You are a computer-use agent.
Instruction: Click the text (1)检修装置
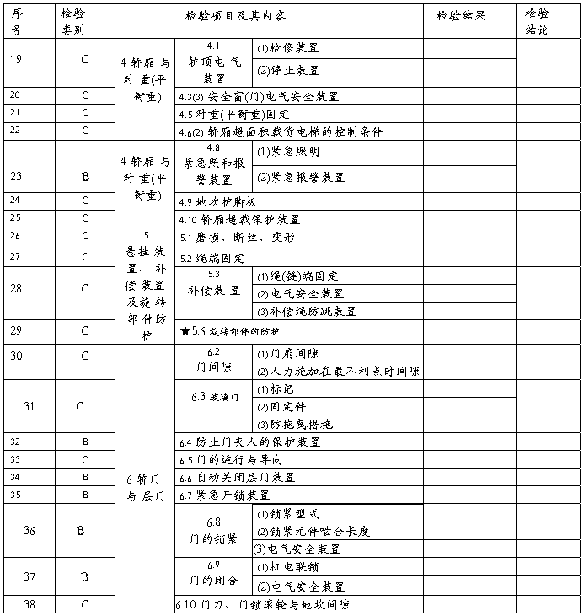click(287, 49)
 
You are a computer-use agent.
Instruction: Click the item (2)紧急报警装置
click(301, 177)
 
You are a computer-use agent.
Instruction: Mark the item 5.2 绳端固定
click(213, 258)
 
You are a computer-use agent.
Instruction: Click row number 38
click(17, 604)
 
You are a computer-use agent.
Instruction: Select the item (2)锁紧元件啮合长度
click(313, 532)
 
